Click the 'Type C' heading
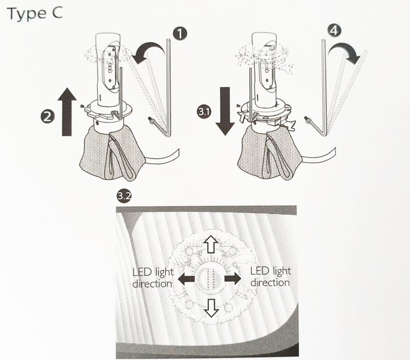point(35,14)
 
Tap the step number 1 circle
point(180,34)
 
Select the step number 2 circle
point(47,116)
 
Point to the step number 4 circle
point(334,31)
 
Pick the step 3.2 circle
point(124,196)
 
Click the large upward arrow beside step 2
point(67,112)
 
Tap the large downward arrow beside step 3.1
point(225,111)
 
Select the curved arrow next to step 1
point(148,52)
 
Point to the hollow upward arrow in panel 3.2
point(211,244)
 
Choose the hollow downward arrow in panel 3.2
point(211,308)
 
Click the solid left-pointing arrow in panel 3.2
point(186,279)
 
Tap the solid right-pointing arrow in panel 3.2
point(233,279)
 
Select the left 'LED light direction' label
point(153,278)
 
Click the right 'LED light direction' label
point(270,277)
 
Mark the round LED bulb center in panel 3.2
point(209,279)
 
